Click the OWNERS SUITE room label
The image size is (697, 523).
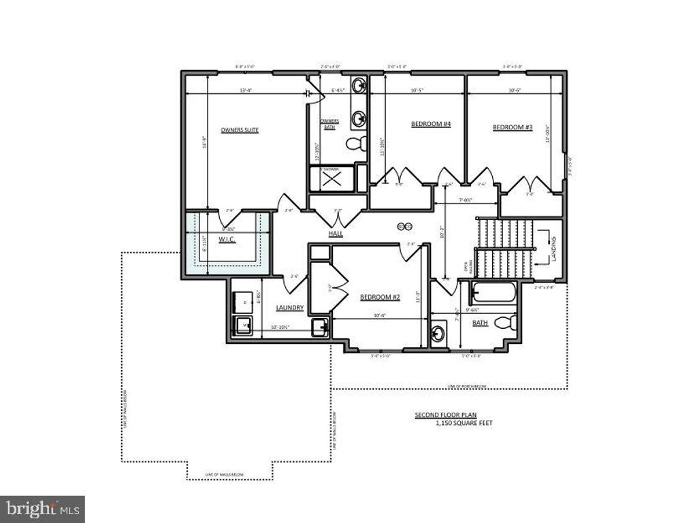tap(240, 129)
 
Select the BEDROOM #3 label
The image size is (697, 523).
tap(512, 127)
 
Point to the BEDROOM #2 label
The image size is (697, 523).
tap(379, 297)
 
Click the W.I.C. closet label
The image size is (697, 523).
tap(227, 239)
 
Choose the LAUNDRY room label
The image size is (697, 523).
tap(289, 308)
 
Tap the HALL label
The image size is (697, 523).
tap(336, 234)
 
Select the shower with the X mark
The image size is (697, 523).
tap(331, 178)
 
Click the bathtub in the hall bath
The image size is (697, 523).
tap(494, 293)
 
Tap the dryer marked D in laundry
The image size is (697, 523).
tap(242, 300)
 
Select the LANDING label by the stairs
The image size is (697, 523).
tap(555, 249)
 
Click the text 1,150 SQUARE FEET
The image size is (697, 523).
tap(464, 423)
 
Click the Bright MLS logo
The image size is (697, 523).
tap(42, 508)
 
